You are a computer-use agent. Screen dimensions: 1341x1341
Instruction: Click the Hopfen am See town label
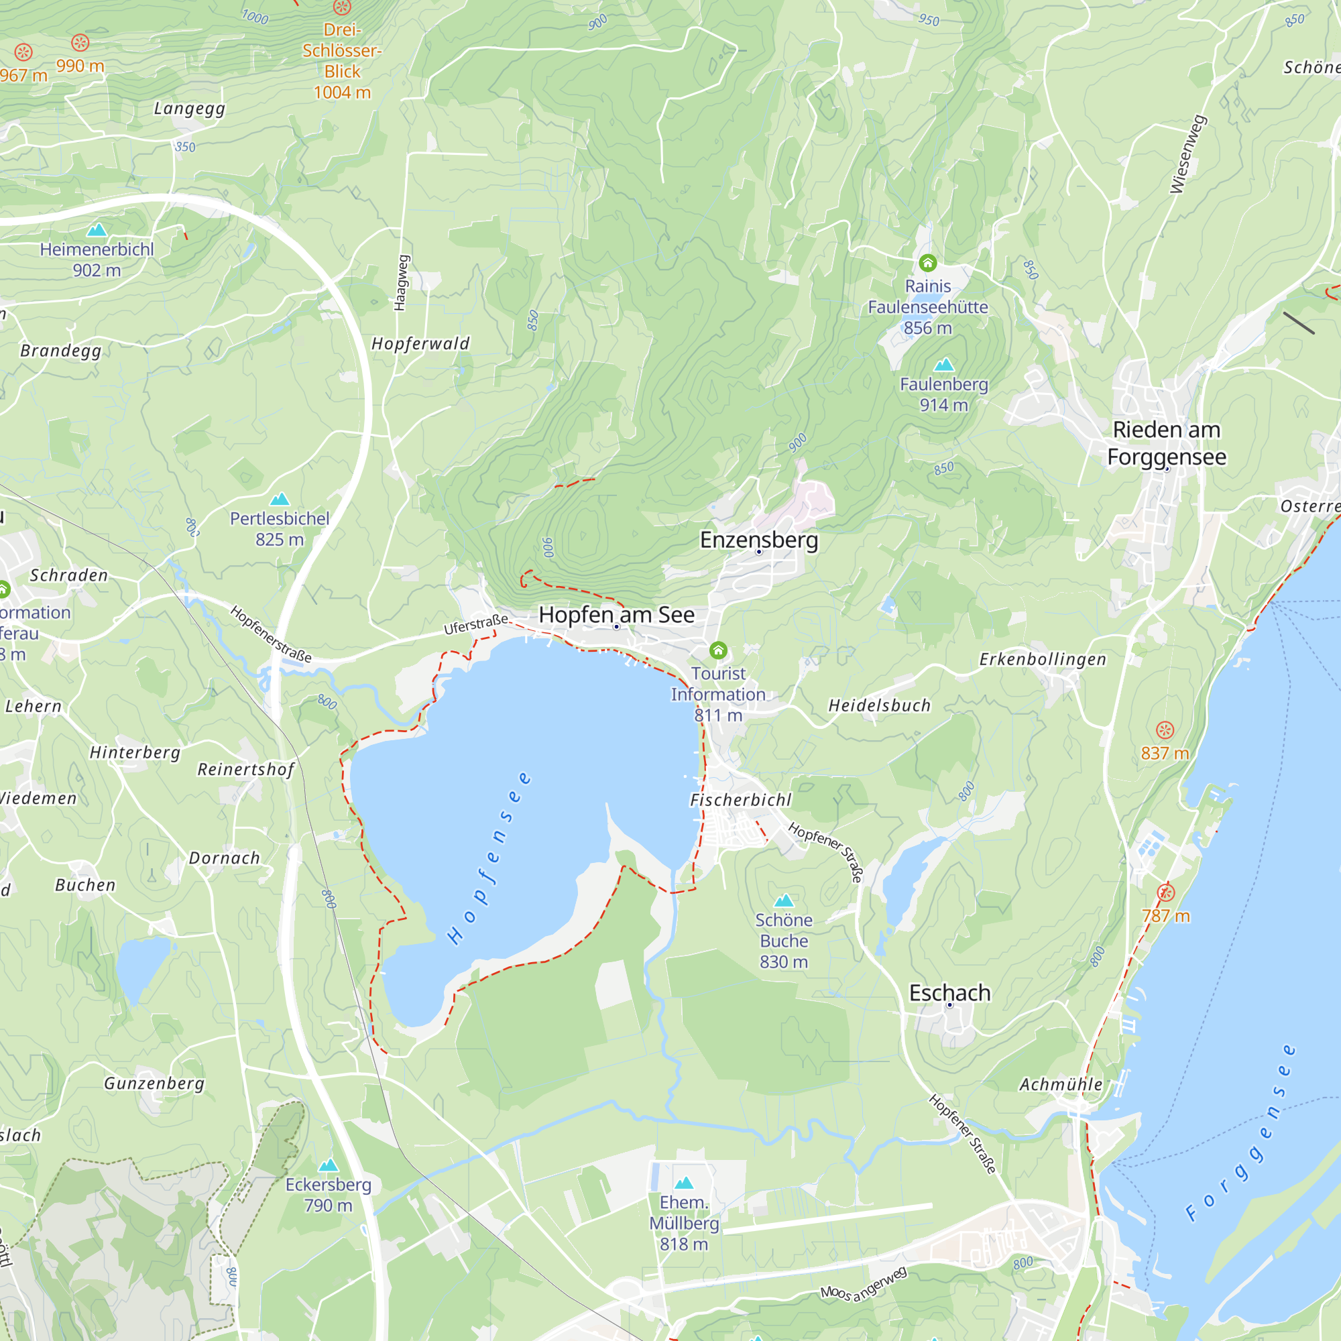point(616,615)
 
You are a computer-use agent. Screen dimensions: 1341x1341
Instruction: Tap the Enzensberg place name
point(758,540)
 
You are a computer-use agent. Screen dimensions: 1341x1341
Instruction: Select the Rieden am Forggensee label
point(1166,443)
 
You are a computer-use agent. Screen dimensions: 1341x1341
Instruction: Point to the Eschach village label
point(949,993)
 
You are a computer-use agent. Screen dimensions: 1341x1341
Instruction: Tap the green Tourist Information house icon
point(718,650)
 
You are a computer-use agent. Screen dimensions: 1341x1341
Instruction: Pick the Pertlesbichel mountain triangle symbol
point(280,499)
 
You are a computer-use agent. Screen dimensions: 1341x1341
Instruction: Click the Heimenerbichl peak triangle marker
point(97,230)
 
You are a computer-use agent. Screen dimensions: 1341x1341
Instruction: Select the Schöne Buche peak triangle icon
point(784,901)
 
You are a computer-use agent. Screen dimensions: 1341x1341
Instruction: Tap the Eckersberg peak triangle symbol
point(329,1165)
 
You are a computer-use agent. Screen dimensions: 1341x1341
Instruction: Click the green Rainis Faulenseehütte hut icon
point(928,263)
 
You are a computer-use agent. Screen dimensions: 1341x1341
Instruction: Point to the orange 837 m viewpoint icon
point(1165,730)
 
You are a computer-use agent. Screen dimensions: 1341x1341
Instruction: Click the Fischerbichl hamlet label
point(741,801)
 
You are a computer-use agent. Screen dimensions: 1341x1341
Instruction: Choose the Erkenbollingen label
point(1043,659)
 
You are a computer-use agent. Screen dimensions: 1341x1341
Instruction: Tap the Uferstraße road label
point(476,624)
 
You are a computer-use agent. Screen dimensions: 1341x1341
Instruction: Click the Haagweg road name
point(401,283)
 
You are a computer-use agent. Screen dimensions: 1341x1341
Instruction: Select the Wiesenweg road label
point(1188,154)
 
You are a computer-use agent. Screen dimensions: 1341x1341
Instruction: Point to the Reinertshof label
point(246,770)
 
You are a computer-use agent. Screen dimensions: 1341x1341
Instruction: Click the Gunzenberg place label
point(154,1084)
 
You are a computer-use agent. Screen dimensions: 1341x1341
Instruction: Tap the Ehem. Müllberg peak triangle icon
point(685,1183)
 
